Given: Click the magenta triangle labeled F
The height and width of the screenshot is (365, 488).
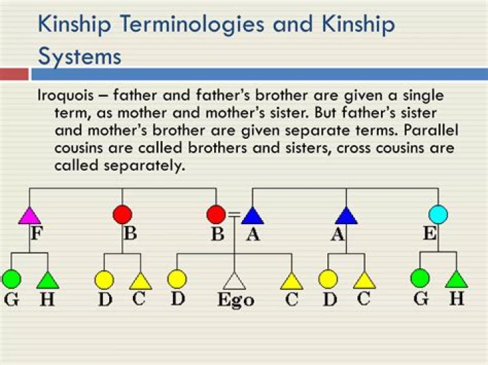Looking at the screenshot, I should coord(30,215).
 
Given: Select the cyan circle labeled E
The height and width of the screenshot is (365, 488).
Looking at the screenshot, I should coord(438,215).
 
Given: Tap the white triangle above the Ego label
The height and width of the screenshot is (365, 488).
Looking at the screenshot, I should coord(234,280).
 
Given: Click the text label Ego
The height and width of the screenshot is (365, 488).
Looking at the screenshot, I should coord(235,300).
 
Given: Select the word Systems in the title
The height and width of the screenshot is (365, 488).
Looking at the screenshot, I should coord(79,56).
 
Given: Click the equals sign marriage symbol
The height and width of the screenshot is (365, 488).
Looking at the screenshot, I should coord(234,214).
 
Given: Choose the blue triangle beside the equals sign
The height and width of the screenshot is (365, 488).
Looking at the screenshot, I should coord(252,215).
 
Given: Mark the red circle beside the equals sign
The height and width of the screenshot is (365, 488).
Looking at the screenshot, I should coord(216,215).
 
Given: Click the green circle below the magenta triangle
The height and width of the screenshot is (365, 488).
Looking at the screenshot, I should coord(12,278).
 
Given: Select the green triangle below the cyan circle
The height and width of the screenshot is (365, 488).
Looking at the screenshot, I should coord(456,278).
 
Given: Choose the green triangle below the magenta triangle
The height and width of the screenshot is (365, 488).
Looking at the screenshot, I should coord(47,279).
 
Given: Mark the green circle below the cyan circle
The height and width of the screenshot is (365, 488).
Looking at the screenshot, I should coord(420,278).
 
